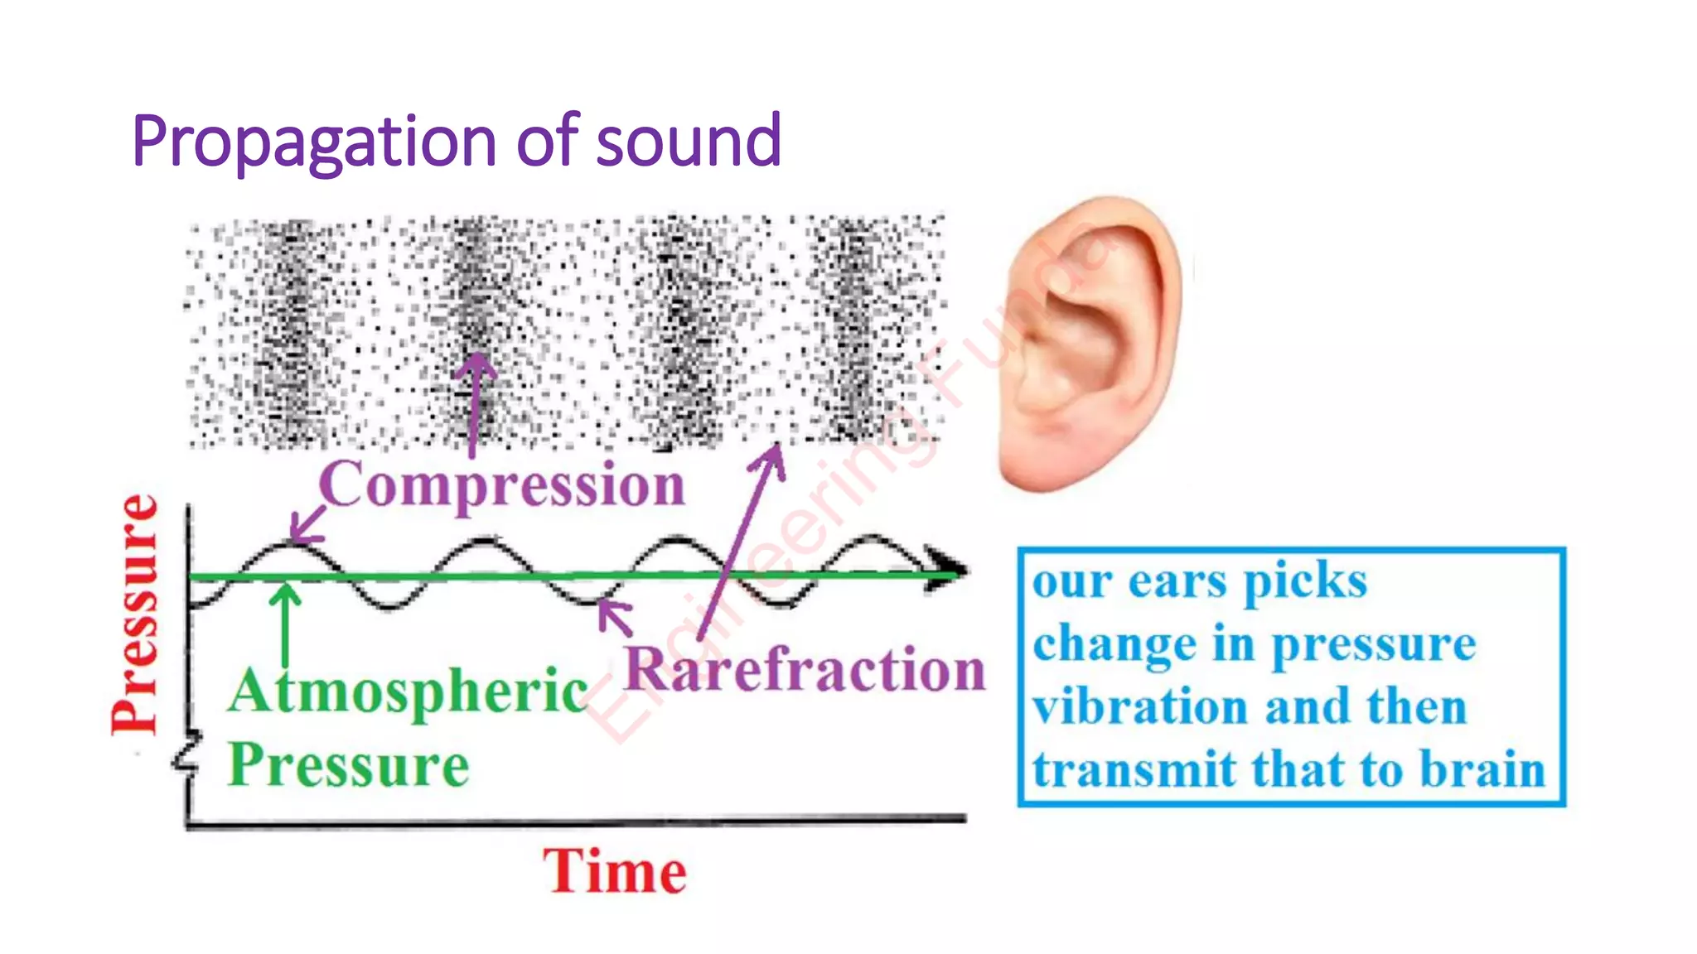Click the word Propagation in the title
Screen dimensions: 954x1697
(x=314, y=142)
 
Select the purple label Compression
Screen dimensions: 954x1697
(x=502, y=485)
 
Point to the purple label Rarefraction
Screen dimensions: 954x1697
(x=805, y=670)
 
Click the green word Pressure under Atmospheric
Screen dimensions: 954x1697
(x=348, y=765)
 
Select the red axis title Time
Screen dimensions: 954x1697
(x=615, y=872)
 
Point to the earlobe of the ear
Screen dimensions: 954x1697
(x=1036, y=464)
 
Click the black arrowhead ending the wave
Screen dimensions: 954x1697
(x=947, y=570)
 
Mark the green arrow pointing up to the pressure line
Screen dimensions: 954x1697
(x=286, y=625)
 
